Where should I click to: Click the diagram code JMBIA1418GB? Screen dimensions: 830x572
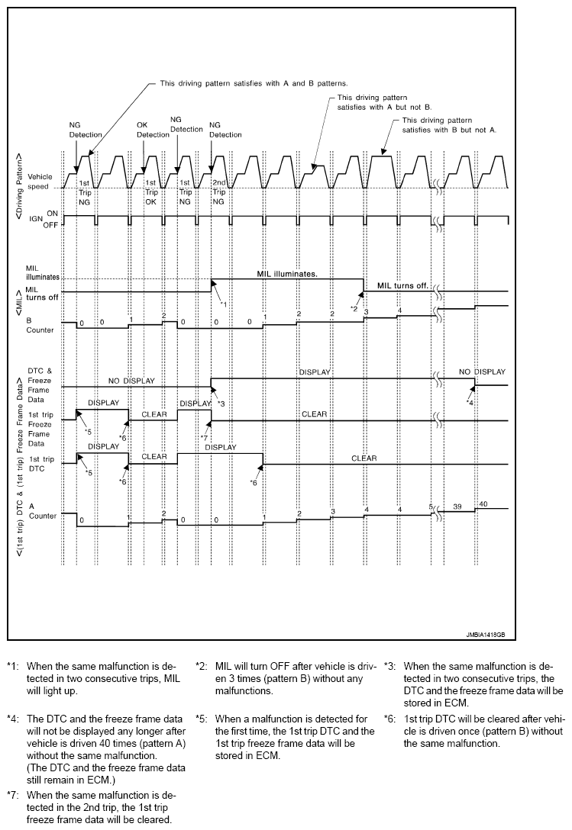click(x=486, y=633)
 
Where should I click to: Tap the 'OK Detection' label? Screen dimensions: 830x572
click(x=153, y=130)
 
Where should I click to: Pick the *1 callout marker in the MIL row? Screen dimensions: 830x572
click(x=223, y=304)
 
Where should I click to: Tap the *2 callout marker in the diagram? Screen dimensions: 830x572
click(x=354, y=307)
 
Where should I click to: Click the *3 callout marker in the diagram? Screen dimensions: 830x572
click(x=221, y=402)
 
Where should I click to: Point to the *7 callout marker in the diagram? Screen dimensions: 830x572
click(x=204, y=437)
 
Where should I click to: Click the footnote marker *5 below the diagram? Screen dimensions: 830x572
click(x=202, y=719)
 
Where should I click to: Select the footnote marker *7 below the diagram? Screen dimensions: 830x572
click(x=11, y=793)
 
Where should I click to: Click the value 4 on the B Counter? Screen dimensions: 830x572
click(x=398, y=309)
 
